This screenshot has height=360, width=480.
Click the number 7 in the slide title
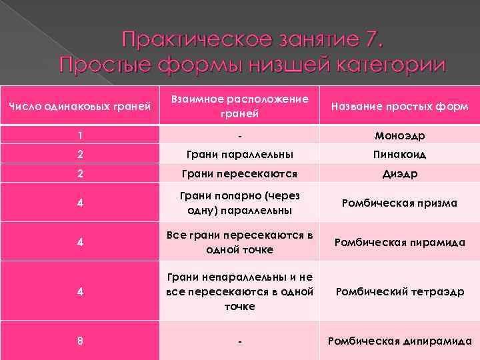point(370,40)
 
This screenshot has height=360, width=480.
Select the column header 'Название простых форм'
point(399,107)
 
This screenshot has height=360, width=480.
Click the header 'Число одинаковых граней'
point(80,107)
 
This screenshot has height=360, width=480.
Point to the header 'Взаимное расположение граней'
point(239,106)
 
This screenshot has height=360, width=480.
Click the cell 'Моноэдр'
point(399,136)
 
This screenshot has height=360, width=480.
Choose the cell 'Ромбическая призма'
point(399,203)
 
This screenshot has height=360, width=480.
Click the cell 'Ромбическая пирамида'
point(399,242)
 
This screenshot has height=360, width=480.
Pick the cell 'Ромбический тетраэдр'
point(399,291)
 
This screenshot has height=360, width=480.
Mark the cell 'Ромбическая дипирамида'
point(399,341)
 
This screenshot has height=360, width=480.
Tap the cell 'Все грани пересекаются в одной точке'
point(239,242)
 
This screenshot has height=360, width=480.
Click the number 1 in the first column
point(80,136)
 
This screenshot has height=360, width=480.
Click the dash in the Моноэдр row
point(239,136)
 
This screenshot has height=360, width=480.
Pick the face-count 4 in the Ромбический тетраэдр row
point(80,291)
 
